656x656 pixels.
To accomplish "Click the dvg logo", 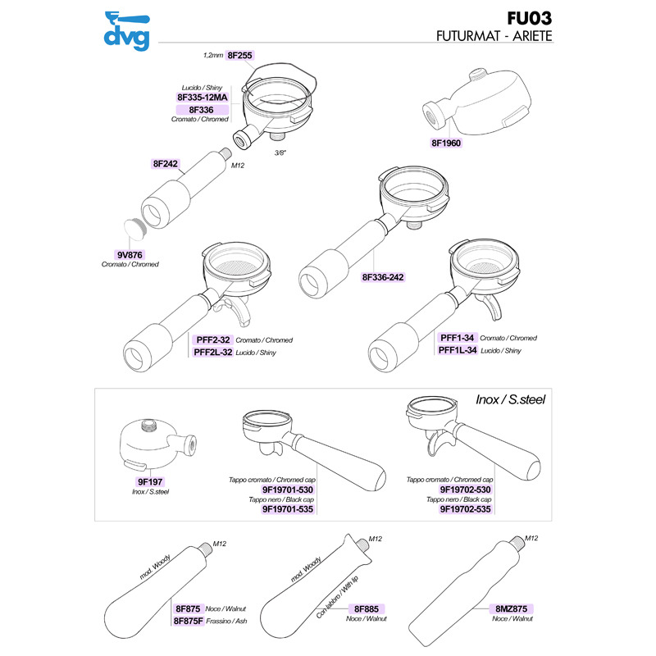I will (x=125, y=28).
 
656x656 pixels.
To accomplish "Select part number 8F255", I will (x=239, y=55).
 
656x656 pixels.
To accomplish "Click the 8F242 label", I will (x=166, y=164).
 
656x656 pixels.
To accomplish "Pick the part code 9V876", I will (x=130, y=254).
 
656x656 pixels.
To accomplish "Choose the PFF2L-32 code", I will (x=213, y=352).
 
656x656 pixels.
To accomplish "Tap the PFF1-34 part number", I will (x=458, y=338).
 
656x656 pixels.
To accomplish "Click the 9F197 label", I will (x=150, y=482).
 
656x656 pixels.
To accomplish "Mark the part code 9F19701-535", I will (x=289, y=508).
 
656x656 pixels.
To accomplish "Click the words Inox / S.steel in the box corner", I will (x=511, y=400).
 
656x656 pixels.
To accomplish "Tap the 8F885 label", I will (x=366, y=608).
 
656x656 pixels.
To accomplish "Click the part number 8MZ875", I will (x=512, y=608).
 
